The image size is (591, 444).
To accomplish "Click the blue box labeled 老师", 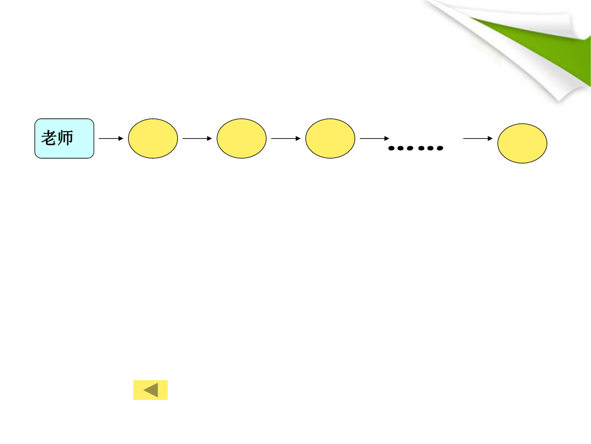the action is [64, 138].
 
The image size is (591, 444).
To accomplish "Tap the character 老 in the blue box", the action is [49, 138].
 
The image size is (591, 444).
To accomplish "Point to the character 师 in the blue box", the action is [65, 138].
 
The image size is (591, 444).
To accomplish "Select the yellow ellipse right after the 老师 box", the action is [153, 138].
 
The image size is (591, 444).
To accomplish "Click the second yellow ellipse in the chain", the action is [242, 138].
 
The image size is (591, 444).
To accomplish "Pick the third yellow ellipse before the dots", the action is [330, 138].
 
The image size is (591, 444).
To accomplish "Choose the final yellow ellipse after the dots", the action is [522, 143].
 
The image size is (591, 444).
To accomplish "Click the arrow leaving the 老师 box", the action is [111, 139].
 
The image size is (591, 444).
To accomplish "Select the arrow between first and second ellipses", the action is [197, 139].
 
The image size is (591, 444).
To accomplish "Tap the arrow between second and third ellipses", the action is [286, 139].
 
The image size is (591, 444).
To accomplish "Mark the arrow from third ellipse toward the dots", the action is [374, 139].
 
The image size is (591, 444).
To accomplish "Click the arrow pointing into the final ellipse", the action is [478, 139].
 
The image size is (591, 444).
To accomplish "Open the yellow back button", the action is [150, 390].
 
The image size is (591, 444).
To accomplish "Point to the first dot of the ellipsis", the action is [391, 148].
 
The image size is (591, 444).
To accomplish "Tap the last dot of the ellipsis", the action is [440, 148].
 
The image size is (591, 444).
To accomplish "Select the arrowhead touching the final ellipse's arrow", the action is [490, 139].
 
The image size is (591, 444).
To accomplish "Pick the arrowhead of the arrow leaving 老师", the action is [121, 139].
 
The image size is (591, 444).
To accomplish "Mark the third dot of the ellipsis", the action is [410, 148].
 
